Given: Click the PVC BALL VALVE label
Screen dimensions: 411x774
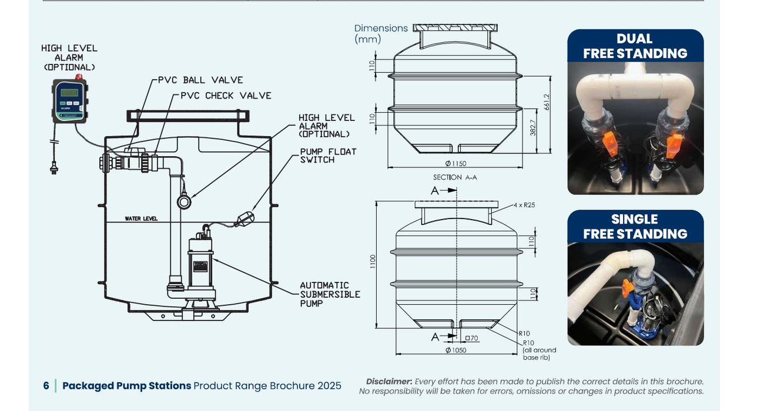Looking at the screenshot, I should (x=200, y=80).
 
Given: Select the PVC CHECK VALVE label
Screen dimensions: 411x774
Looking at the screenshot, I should (x=226, y=96).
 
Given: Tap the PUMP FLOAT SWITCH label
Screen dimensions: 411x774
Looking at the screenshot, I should (x=328, y=156).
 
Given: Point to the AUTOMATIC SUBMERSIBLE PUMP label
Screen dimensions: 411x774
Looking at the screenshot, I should (x=330, y=294).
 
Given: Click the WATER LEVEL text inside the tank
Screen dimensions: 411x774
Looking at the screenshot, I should (x=141, y=219).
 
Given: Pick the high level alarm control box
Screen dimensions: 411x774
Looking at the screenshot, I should (x=69, y=101).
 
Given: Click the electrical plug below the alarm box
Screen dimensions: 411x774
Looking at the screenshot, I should (x=55, y=167).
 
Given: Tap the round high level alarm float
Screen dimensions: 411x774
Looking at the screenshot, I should (x=184, y=202).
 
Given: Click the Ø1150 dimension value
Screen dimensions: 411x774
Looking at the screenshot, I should (x=455, y=164).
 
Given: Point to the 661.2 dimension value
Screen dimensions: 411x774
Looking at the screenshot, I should (x=546, y=102).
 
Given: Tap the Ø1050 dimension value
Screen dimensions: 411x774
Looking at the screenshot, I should (x=455, y=351).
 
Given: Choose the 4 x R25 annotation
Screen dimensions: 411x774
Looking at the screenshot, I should (x=524, y=205).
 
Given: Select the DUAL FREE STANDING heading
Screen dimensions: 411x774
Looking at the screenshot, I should (x=635, y=46).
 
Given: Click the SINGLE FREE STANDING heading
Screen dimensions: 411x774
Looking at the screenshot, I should (x=635, y=227).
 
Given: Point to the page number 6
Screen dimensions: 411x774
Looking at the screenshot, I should (x=46, y=386).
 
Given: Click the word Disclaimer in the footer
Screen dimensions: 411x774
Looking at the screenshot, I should (x=388, y=382).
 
